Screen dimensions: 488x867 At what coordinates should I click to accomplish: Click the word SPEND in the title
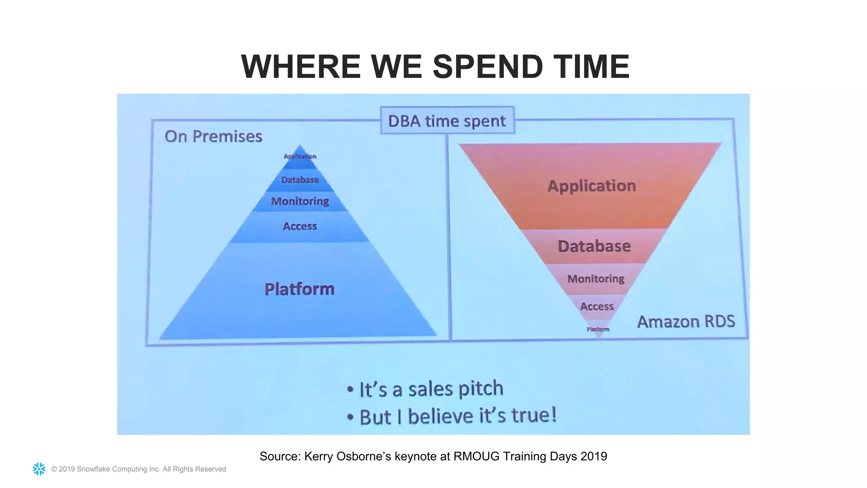coord(487,67)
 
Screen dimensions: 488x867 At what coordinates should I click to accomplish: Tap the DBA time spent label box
coord(447,121)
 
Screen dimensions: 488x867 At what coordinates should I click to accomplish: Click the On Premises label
coord(213,136)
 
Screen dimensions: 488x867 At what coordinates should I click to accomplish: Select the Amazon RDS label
coord(686,322)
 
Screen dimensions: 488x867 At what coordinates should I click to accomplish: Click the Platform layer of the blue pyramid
coord(299,289)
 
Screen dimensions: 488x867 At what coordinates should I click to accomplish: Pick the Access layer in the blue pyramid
coord(300,226)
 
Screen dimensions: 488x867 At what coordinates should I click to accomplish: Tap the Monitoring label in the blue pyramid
coord(300,201)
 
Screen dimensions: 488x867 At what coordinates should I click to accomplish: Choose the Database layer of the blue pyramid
coord(300,180)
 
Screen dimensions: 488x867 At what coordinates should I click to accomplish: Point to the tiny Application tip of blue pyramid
coord(300,156)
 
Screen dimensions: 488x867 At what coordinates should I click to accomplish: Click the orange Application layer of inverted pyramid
coord(591,186)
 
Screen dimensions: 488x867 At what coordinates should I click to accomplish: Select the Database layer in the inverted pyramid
coord(594,246)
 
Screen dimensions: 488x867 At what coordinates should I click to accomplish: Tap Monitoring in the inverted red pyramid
coord(596,279)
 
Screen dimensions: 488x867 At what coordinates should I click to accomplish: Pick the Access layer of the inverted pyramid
coord(596,306)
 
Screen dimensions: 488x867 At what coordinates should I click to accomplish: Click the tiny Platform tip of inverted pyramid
coord(598,330)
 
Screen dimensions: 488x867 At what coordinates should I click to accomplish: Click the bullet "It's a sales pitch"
coord(431,389)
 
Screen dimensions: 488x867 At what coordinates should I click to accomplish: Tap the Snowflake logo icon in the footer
coord(39,469)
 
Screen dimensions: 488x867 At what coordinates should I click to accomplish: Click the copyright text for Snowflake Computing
coord(138,469)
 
